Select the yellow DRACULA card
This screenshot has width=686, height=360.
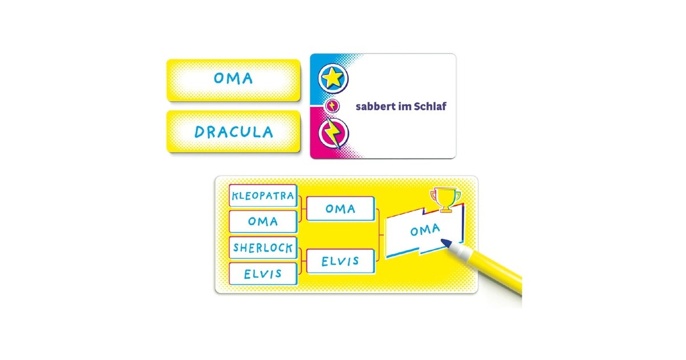click(233, 132)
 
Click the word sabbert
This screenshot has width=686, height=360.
click(374, 107)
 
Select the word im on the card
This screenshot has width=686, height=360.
click(402, 107)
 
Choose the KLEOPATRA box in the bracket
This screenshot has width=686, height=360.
click(263, 196)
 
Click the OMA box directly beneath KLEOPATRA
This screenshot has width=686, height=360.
click(263, 221)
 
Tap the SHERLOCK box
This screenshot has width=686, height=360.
click(263, 248)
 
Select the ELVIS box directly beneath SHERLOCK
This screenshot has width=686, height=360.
click(263, 274)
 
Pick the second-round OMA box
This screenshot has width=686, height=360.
click(340, 209)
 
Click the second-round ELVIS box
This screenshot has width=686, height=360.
click(340, 261)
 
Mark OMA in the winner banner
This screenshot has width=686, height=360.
click(425, 230)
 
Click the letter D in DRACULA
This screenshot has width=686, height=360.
click(200, 133)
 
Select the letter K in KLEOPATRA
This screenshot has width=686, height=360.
click(236, 197)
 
